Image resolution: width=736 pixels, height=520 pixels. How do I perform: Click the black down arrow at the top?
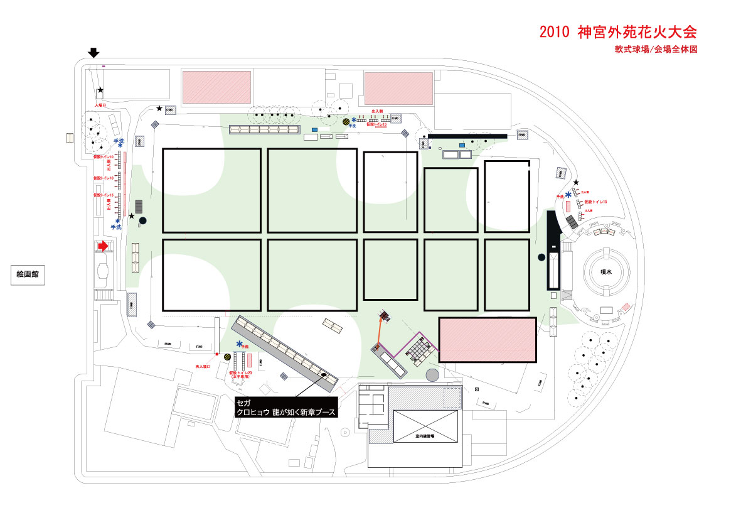tap(93, 53)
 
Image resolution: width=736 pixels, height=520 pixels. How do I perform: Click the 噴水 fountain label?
tap(605, 273)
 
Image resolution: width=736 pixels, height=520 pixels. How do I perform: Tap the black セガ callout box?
tap(285, 408)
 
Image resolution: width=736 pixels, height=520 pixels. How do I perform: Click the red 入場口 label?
tap(100, 106)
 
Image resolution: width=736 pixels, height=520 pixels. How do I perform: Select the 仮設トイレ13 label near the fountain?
tap(596, 202)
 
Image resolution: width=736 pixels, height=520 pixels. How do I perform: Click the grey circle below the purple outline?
tap(432, 376)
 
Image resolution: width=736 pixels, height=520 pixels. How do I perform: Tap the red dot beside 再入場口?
tap(217, 355)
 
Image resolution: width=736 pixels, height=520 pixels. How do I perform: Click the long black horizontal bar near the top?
tap(467, 136)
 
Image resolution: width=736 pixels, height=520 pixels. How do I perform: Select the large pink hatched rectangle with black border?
tap(488, 340)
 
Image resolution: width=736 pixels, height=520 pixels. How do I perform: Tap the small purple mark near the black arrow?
tap(104, 65)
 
